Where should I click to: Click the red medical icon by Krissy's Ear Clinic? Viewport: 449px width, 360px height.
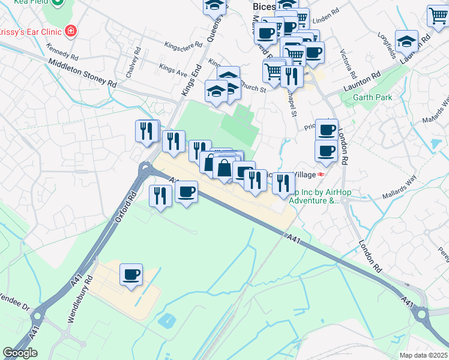tap(71, 30)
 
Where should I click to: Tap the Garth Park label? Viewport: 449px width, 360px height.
tap(372, 97)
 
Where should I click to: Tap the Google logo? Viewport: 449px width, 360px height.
tap(20, 353)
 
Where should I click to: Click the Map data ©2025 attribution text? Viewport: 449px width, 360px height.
tap(423, 355)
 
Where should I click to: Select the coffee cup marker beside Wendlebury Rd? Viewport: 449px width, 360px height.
tap(131, 275)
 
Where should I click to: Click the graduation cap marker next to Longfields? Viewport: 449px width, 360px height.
tap(407, 41)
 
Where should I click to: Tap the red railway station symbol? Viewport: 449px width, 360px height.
tap(321, 174)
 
